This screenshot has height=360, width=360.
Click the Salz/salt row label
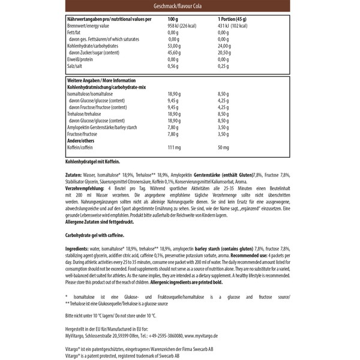[x=75, y=66]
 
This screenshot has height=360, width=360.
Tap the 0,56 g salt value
[x=173, y=66]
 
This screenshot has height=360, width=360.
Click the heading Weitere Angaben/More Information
[x=98, y=79]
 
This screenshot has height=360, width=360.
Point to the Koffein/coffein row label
[x=82, y=148]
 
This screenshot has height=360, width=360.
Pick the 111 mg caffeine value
[x=174, y=148]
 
